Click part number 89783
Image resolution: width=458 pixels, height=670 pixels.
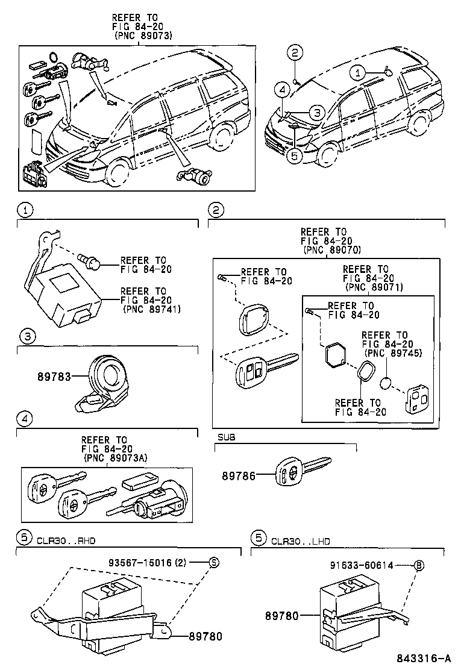pyautogui.click(x=54, y=377)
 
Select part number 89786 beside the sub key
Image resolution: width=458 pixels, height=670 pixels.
pyautogui.click(x=239, y=475)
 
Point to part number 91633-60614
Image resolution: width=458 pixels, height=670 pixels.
pyautogui.click(x=362, y=565)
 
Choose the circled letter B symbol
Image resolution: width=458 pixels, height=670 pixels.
pyautogui.click(x=419, y=565)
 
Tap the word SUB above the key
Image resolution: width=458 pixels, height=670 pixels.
pyautogui.click(x=226, y=437)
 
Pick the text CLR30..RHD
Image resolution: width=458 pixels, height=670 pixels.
pyautogui.click(x=66, y=540)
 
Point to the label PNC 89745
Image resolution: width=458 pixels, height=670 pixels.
pyautogui.click(x=393, y=353)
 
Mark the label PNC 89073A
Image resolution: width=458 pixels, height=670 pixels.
pyautogui.click(x=115, y=458)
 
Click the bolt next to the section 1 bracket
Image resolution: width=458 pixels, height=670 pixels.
pyautogui.click(x=89, y=261)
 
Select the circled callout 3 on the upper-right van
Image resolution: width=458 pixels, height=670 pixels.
pyautogui.click(x=317, y=113)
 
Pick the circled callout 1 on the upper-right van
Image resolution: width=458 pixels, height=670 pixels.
pyautogui.click(x=358, y=73)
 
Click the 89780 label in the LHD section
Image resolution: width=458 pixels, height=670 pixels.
pyautogui.click(x=282, y=616)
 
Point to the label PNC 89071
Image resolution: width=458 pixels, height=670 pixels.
pyautogui.click(x=374, y=287)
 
